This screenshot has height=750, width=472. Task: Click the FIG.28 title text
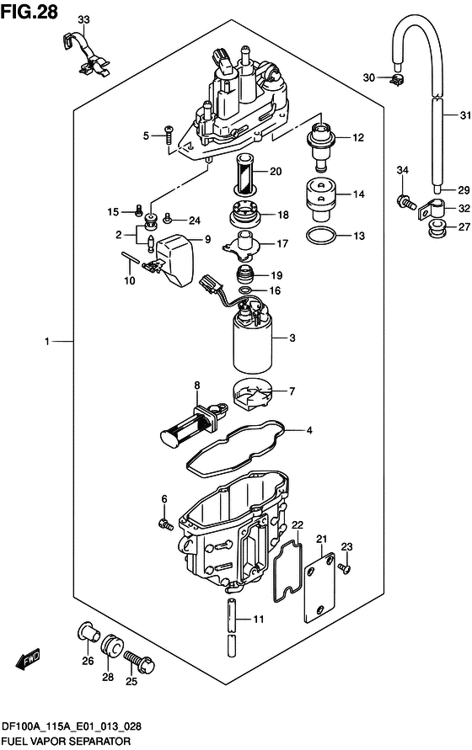(x=29, y=11)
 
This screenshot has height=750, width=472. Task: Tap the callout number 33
(x=83, y=19)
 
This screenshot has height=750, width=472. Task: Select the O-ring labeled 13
(x=320, y=236)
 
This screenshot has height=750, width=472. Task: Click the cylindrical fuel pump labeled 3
(x=253, y=338)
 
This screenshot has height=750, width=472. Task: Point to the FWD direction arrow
(x=28, y=659)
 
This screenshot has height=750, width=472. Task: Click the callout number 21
(x=321, y=539)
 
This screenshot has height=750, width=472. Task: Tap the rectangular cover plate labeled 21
(x=319, y=588)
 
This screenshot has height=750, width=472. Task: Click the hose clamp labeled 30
(x=397, y=80)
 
